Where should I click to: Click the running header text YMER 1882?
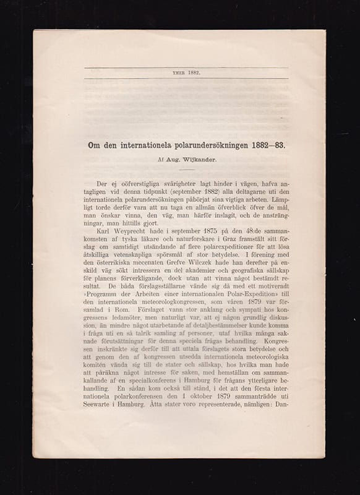[x=187, y=72]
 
